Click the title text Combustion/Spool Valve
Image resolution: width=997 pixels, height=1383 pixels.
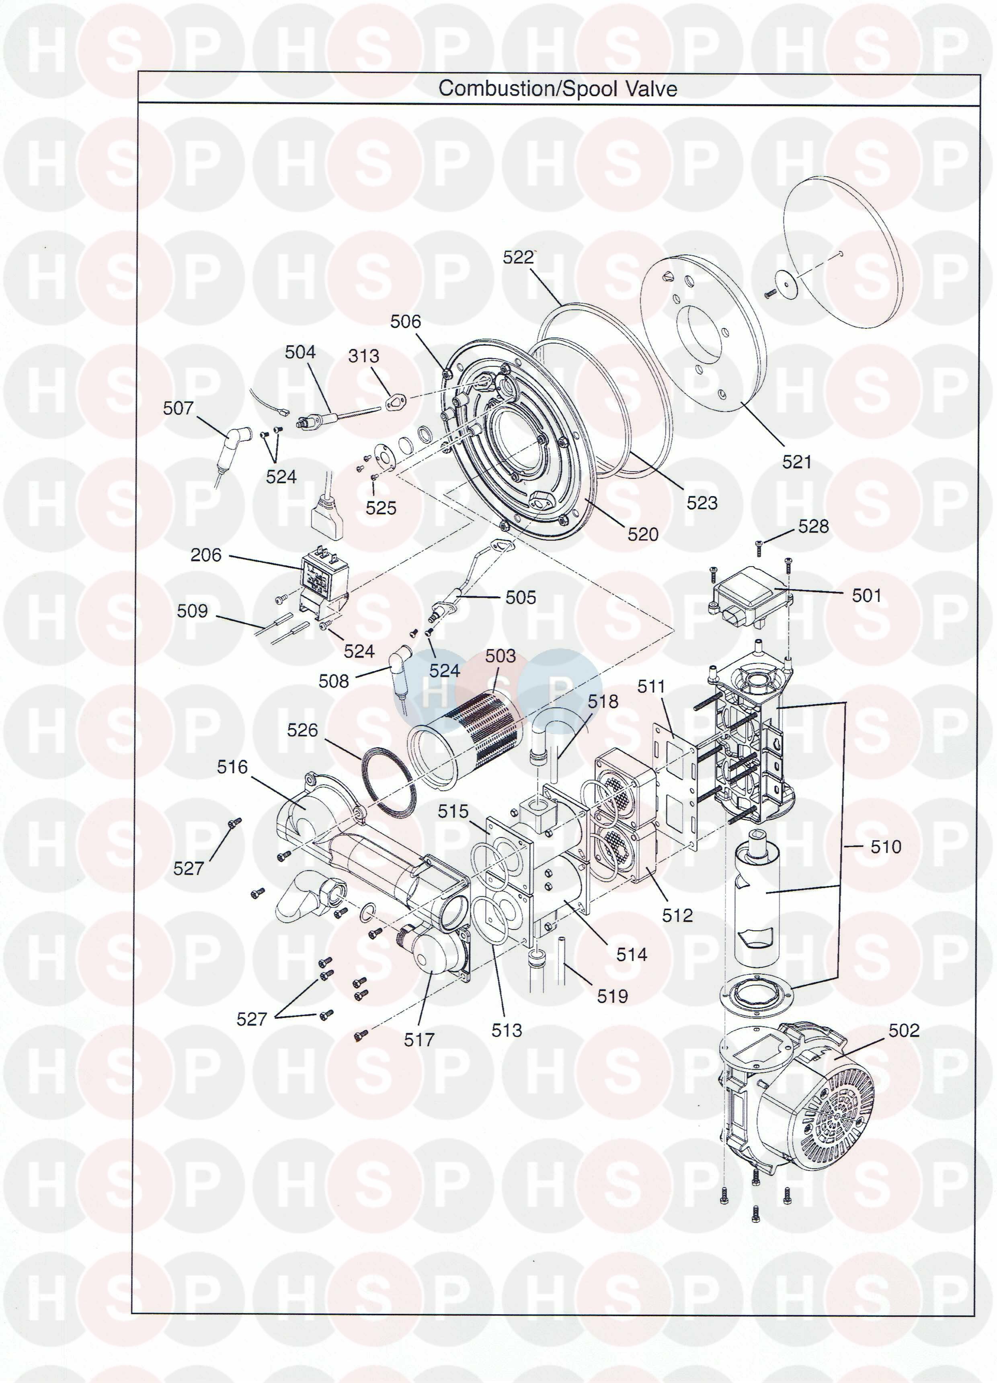coord(558,89)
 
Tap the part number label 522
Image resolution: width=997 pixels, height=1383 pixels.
coord(518,258)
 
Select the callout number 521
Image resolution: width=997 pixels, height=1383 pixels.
coord(797,462)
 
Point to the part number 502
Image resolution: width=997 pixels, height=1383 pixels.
coord(904,1030)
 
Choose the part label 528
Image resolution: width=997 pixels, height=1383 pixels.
coord(814,526)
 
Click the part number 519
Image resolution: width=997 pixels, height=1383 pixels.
coord(612,996)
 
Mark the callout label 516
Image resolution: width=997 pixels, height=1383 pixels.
coord(232,767)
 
